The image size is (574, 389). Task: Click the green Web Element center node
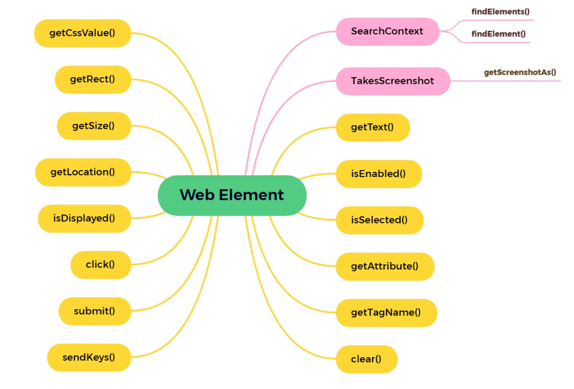232,195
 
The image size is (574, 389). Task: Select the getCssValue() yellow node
83,33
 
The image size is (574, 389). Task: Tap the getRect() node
93,79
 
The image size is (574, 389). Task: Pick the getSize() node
94,126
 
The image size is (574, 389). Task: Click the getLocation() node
83,172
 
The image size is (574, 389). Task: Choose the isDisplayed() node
84,219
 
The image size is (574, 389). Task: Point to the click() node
100,265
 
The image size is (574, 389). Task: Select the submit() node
95,311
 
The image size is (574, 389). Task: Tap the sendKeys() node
89,358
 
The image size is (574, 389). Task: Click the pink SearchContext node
387,31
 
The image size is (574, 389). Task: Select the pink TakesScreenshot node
393,81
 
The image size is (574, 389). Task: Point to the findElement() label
498,34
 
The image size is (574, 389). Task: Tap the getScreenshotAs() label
520,72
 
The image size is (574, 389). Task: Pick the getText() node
373,127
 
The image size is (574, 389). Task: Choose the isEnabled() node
378,174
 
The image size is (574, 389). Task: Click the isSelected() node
379,220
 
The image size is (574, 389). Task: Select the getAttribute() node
385,267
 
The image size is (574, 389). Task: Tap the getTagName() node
386,313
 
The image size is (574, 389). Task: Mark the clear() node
366,359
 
